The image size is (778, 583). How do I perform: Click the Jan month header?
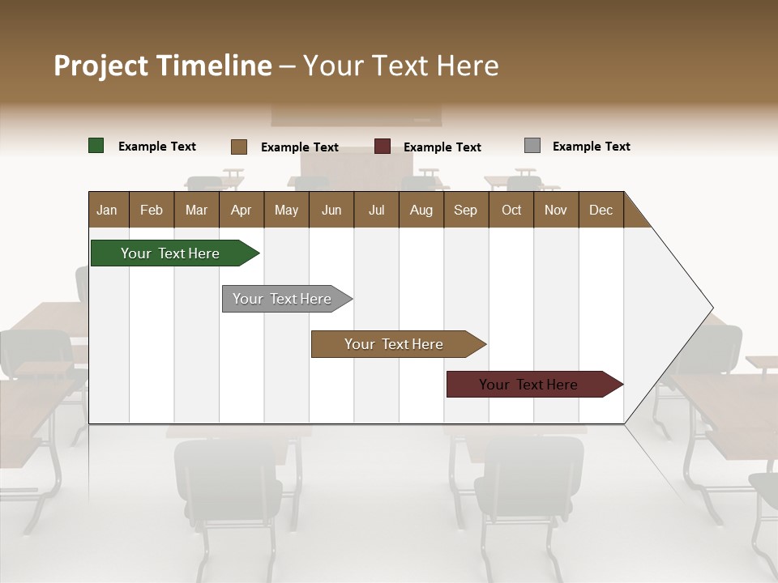pyautogui.click(x=107, y=210)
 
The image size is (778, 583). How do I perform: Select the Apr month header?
pyautogui.click(x=241, y=210)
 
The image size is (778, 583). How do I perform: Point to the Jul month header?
pyautogui.click(x=376, y=210)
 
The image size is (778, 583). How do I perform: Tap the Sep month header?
pyautogui.click(x=465, y=210)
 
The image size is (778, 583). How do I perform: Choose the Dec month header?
pyautogui.click(x=601, y=210)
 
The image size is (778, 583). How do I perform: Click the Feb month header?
pyautogui.click(x=152, y=210)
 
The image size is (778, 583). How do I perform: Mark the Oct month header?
pyautogui.click(x=511, y=210)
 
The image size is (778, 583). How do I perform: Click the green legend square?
pyautogui.click(x=96, y=146)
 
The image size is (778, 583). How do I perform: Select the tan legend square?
pyautogui.click(x=238, y=147)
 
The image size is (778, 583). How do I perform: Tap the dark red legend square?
pyautogui.click(x=382, y=147)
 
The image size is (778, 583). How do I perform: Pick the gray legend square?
pyautogui.click(x=532, y=146)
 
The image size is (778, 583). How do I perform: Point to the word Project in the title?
pyautogui.click(x=100, y=66)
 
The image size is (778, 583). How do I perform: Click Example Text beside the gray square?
pyautogui.click(x=591, y=147)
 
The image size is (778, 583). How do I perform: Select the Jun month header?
pyautogui.click(x=331, y=210)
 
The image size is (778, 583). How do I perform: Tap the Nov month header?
pyautogui.click(x=555, y=210)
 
